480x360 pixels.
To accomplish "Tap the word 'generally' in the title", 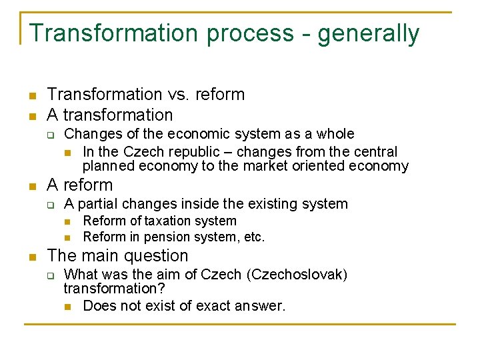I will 369,33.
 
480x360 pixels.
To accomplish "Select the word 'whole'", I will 333,134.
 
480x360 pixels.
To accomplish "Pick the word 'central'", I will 374,152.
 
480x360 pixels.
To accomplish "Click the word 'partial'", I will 100,204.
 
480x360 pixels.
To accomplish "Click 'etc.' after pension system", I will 253,237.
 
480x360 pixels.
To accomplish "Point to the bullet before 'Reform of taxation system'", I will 67,221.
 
